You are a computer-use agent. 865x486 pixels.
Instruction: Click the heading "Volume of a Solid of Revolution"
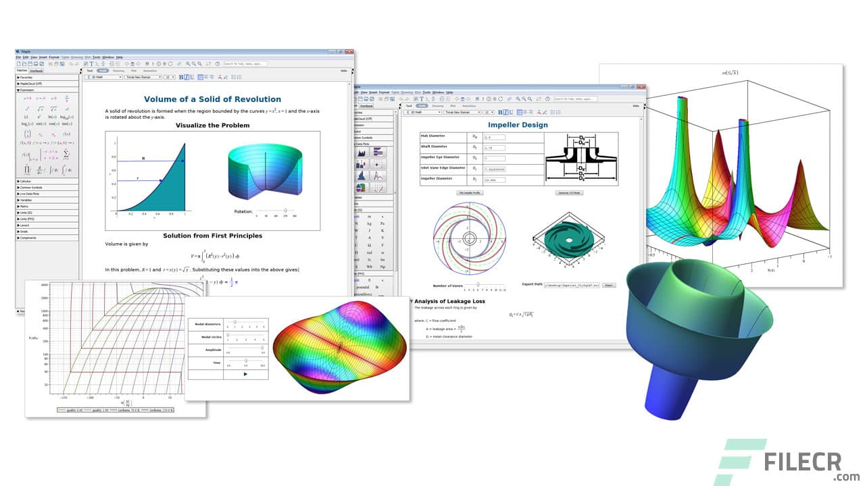[212, 99]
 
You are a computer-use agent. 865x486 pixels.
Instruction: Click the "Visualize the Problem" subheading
[212, 125]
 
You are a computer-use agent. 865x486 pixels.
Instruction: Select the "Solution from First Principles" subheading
[212, 236]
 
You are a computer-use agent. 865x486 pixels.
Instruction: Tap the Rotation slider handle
[286, 211]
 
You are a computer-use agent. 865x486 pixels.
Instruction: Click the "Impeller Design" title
[518, 125]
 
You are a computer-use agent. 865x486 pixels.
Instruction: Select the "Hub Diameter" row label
[433, 136]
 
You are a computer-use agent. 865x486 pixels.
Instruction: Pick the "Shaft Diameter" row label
[434, 146]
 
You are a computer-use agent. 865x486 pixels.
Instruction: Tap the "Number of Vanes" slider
[478, 284]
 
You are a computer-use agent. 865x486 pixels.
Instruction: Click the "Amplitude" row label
[204, 349]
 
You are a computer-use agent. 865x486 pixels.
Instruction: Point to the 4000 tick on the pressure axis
[44, 285]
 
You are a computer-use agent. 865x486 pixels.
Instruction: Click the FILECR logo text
[804, 462]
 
